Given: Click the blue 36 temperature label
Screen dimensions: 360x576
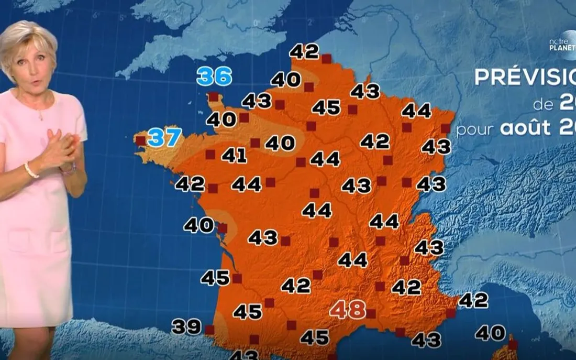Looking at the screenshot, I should (x=214, y=77).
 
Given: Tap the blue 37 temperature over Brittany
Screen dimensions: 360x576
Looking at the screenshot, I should (x=164, y=138).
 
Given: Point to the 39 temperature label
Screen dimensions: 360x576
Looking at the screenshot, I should (x=187, y=328).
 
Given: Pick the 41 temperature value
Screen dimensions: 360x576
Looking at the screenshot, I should (x=234, y=155).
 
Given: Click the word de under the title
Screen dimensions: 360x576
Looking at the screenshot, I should (x=543, y=104).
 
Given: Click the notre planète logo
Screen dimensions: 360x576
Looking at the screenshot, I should (x=563, y=44).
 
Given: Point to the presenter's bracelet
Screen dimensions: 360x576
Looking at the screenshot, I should (x=31, y=170).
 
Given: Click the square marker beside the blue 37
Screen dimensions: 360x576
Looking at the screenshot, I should (x=140, y=140).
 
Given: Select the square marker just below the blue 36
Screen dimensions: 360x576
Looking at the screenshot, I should (x=213, y=97).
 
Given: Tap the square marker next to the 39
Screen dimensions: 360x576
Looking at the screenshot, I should (x=209, y=330).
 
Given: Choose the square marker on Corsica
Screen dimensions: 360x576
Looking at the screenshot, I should (x=513, y=344).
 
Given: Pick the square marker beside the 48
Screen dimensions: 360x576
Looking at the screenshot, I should (x=371, y=313).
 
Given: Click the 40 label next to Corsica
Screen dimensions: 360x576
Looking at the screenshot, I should (x=491, y=333).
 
